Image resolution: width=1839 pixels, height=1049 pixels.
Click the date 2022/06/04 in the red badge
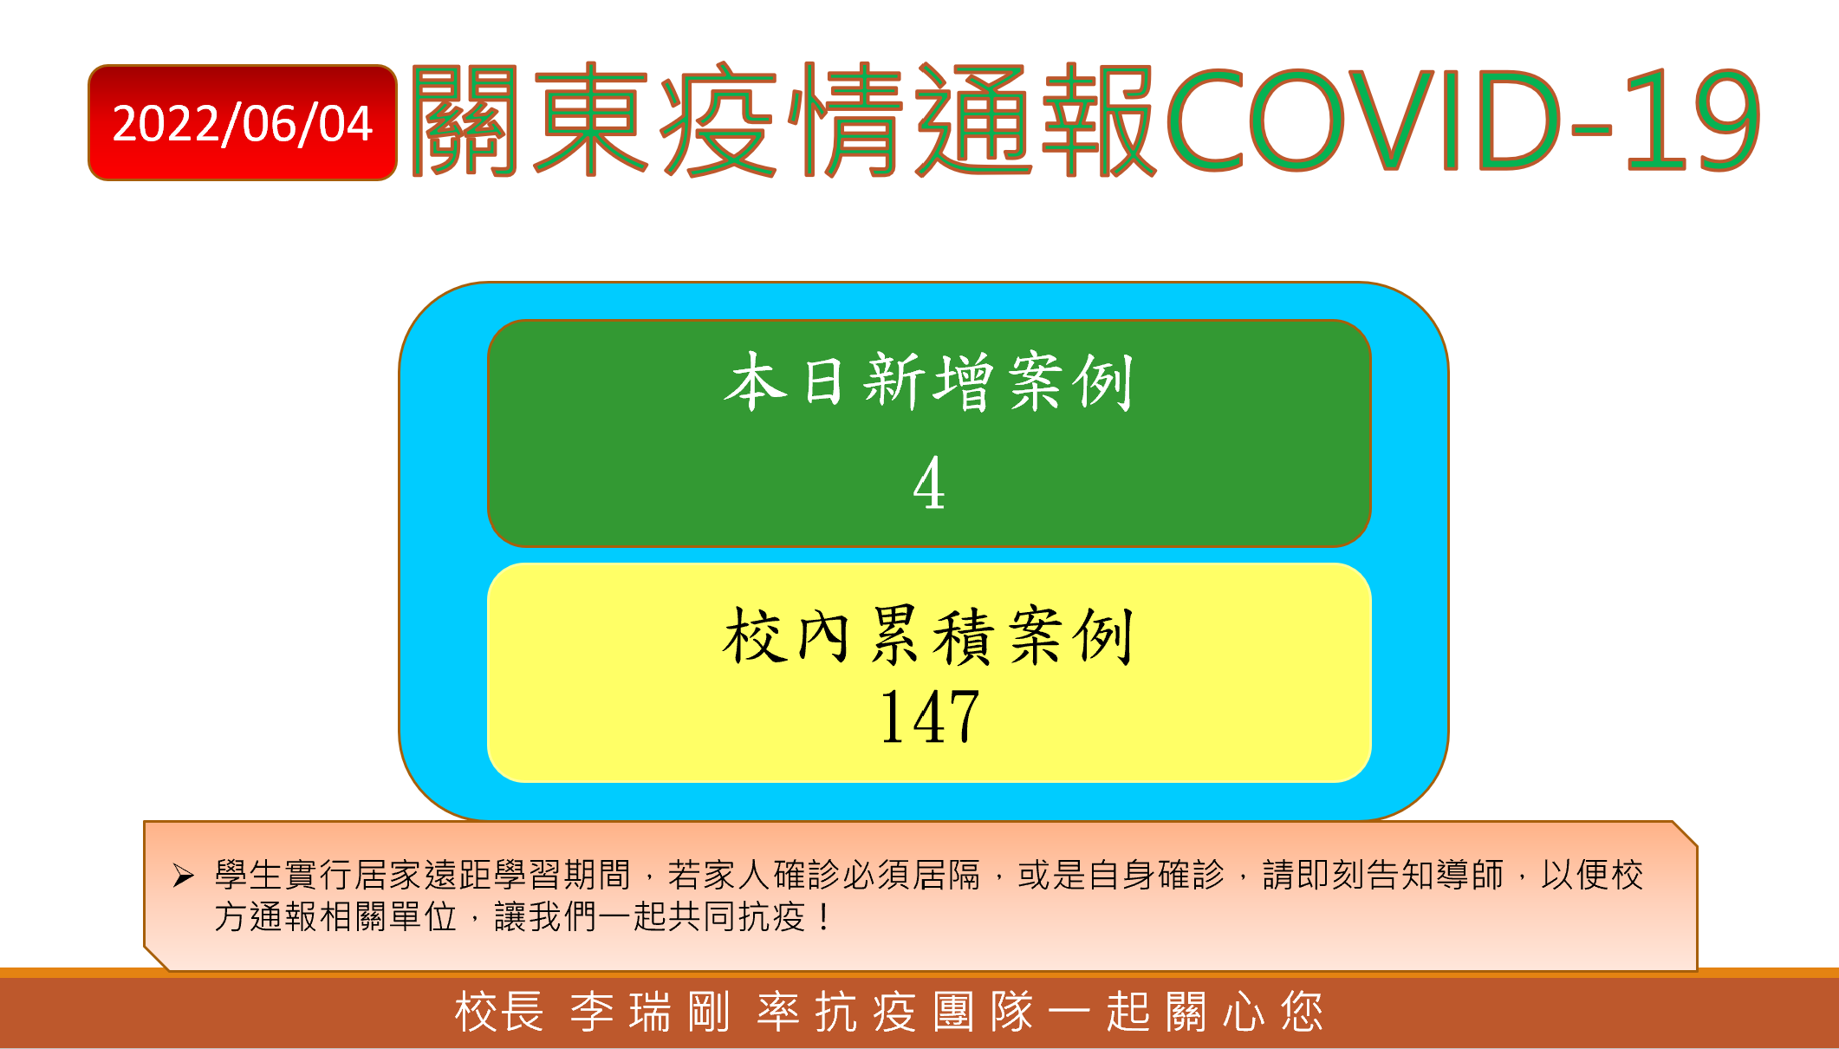pos(243,123)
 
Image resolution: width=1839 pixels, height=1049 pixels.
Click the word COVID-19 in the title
pos(1464,121)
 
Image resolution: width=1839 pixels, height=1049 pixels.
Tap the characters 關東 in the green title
pos(530,121)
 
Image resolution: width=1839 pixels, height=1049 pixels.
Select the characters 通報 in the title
pos(1036,121)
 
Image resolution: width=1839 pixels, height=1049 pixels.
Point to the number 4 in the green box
pos(929,483)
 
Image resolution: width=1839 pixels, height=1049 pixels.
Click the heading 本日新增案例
pos(929,381)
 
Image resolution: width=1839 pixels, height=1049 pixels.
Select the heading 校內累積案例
pos(929,635)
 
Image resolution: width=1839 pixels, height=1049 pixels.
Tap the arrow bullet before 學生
pos(183,876)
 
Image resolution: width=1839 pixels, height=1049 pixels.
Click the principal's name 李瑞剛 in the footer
pos(650,1012)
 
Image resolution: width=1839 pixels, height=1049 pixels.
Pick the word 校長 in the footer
pos(499,1012)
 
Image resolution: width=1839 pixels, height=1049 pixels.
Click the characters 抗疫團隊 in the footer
pos(925,1012)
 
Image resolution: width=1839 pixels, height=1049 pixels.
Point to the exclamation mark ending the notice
pos(822,917)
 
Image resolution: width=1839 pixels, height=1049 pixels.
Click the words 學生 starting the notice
pos(249,875)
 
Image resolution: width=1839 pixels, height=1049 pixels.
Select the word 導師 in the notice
pos(1469,875)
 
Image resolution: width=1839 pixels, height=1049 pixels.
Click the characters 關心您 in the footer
pos(1244,1012)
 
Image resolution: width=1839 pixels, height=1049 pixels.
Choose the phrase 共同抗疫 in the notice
pos(737,917)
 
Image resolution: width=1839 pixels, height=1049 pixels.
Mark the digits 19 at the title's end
pos(1694,121)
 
